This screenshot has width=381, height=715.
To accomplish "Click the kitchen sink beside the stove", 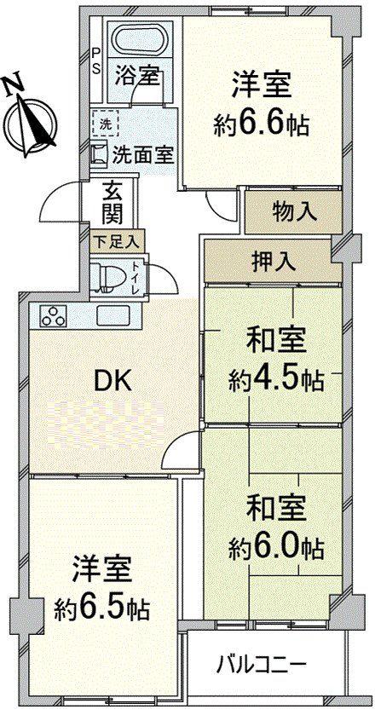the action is tap(113, 315).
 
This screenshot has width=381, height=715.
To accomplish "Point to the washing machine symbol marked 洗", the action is tap(105, 123).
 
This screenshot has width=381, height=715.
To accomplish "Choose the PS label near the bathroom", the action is tap(96, 61).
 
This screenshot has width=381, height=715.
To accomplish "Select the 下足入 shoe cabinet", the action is tap(118, 241).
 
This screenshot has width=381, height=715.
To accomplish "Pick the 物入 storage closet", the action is tap(293, 212).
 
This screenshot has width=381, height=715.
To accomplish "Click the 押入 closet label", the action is tap(274, 262).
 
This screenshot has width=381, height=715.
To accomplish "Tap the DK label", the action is tap(113, 381).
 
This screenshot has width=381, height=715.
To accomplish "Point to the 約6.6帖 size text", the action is tap(261, 124).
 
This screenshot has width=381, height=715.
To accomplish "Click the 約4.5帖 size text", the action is tap(276, 378).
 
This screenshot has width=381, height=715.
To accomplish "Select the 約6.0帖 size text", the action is tap(276, 545).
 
